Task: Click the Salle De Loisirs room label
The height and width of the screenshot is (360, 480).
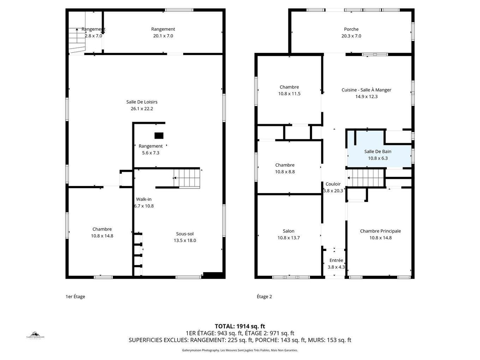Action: point(142,102)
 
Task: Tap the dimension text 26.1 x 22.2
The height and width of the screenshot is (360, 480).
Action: point(142,109)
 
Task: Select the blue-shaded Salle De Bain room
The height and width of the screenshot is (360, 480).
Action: point(378,155)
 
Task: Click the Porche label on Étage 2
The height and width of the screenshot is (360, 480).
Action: point(351,29)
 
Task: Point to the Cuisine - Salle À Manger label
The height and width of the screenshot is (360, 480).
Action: point(366,90)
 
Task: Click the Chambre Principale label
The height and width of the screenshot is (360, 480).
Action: point(380,231)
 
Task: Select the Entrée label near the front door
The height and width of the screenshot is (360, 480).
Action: point(336,260)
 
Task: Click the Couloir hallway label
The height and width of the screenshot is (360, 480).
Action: point(333,184)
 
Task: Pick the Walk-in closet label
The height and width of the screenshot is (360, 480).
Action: point(144,199)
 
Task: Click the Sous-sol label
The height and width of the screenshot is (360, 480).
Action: point(185,234)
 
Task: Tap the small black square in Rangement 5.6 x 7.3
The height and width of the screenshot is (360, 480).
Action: point(159,136)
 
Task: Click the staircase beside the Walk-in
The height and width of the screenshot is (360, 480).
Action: point(187,178)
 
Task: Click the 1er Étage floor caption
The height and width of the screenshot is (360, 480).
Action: point(75,296)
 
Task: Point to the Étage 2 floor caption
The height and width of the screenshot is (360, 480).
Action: point(264,296)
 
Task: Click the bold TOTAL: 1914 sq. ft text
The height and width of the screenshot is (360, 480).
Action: point(240,326)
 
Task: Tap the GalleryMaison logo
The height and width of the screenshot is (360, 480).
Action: point(35,335)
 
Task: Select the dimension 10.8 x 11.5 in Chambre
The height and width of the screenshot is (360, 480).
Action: point(289,94)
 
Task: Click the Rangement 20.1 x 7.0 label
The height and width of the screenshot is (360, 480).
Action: point(163,29)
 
